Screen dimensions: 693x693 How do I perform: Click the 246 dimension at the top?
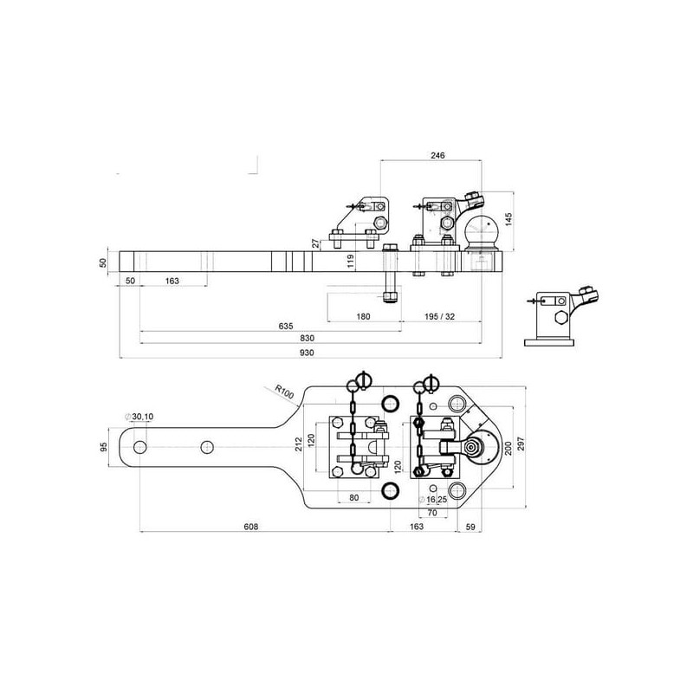437,155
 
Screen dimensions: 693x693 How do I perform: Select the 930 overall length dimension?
307,353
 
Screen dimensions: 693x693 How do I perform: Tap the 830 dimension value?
307,338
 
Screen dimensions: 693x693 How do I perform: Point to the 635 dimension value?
286,327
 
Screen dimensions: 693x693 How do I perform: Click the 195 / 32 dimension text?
439,316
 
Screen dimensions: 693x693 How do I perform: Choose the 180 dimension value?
363,316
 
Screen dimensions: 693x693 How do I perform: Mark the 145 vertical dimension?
508,219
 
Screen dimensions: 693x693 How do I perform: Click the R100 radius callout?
284,392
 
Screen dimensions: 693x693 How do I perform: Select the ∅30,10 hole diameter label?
139,417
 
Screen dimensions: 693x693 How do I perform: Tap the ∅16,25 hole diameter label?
432,500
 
